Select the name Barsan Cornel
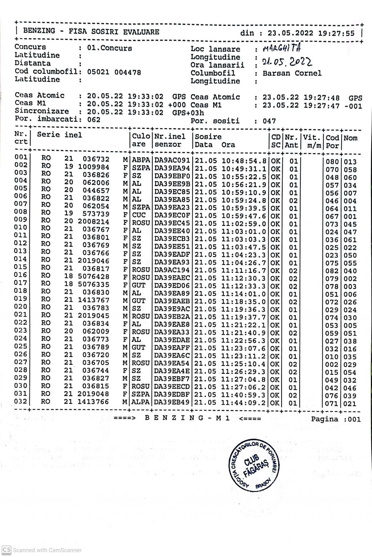click(292, 73)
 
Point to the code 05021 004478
click(114, 72)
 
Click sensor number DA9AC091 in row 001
click(172, 161)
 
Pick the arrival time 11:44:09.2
click(244, 403)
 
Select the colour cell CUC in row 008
click(139, 215)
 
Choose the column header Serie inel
click(60, 135)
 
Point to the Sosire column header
click(208, 137)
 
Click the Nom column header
click(351, 138)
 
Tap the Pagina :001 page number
click(336, 419)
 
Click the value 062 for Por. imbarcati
click(94, 120)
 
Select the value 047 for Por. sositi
click(269, 121)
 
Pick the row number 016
click(21, 275)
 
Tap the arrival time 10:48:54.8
click(244, 161)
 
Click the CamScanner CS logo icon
click(7, 550)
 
